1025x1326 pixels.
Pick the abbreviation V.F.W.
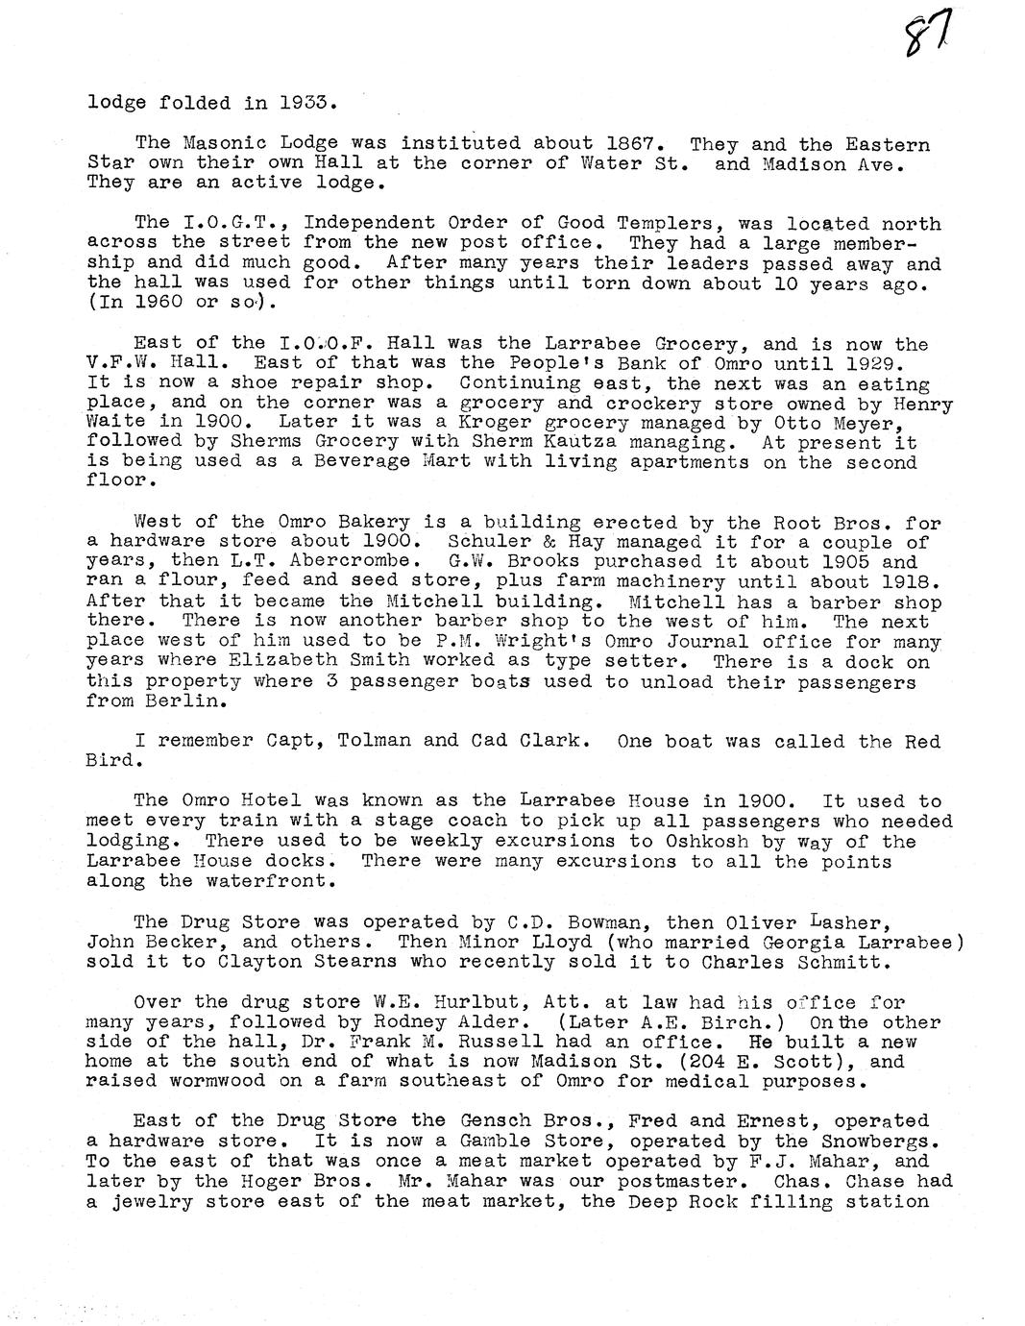click(122, 363)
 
